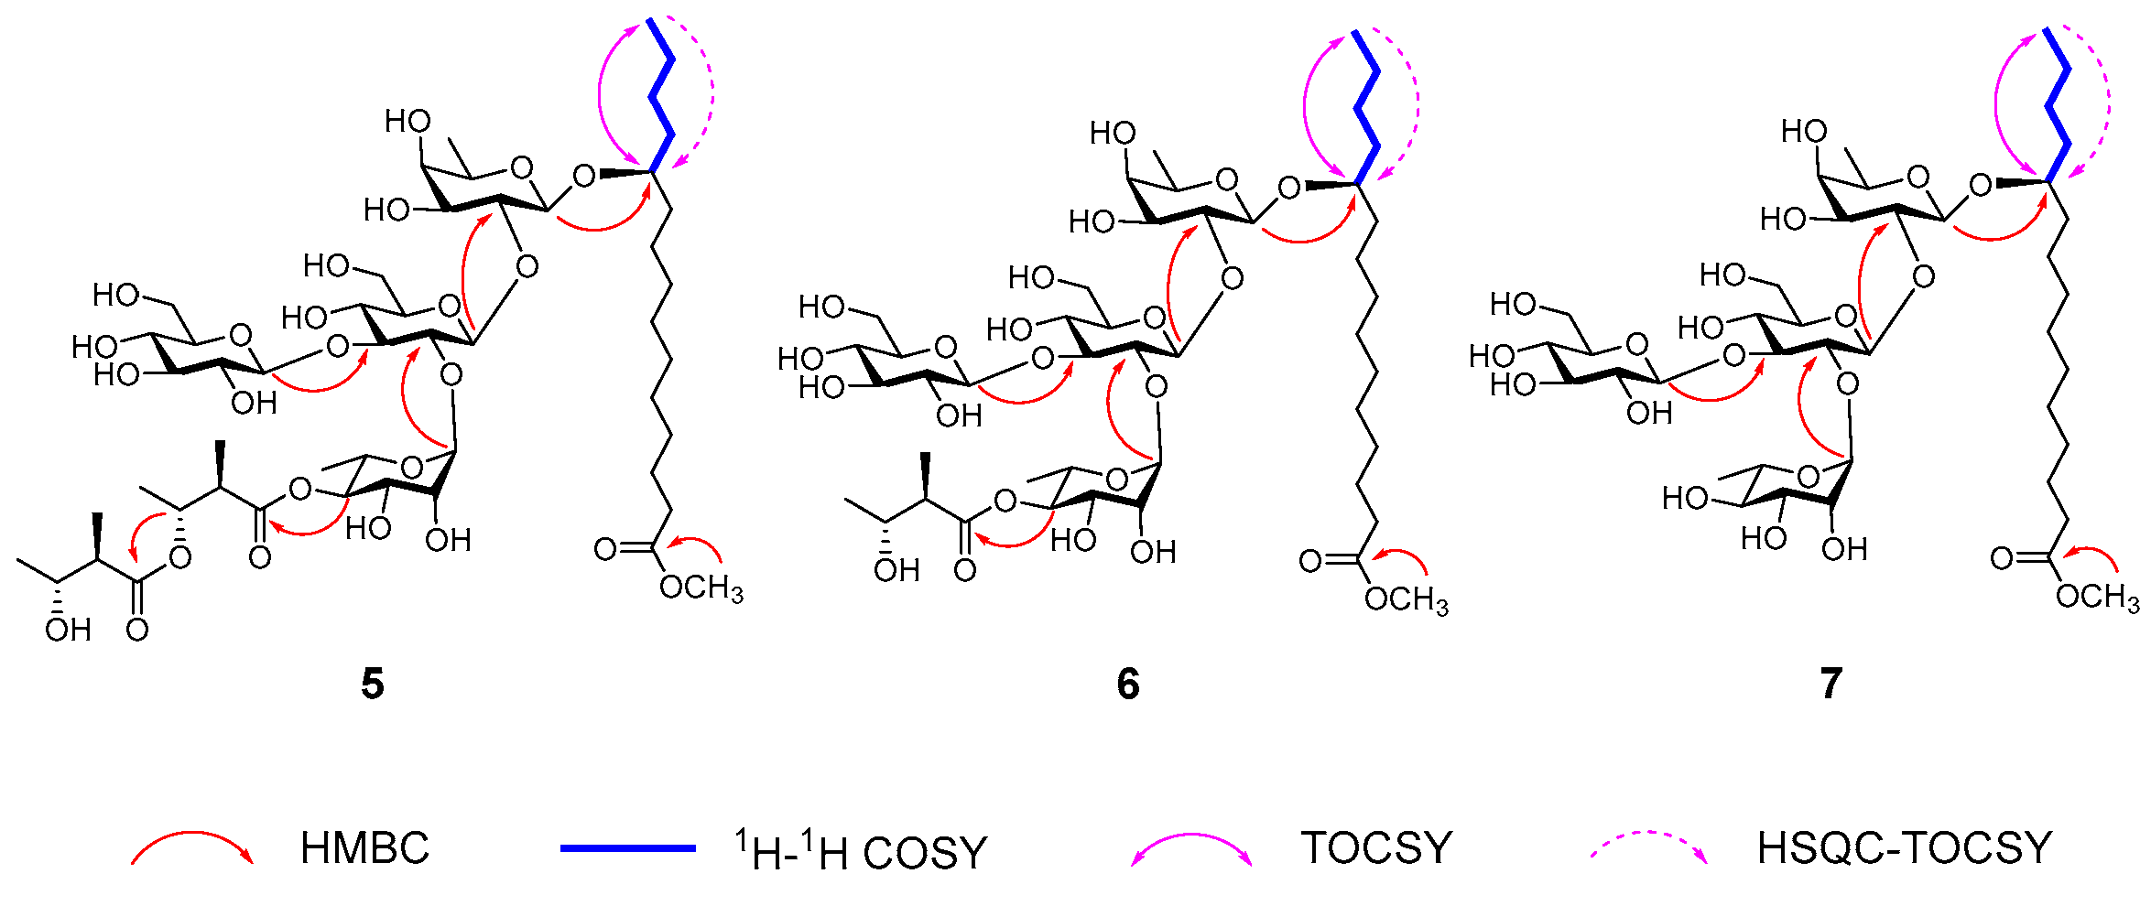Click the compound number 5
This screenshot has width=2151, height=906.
[x=372, y=684]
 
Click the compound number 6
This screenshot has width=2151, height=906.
[x=1128, y=684]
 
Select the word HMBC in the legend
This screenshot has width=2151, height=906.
[x=364, y=848]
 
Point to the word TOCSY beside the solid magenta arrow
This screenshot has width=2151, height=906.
[x=1376, y=848]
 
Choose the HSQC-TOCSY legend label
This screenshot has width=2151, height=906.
[x=1904, y=848]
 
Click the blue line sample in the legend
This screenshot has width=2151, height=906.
[x=628, y=848]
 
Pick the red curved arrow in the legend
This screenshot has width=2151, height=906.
[x=192, y=845]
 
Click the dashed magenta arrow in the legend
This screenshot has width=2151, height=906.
[x=1648, y=843]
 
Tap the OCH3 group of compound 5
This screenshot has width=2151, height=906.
[x=701, y=588]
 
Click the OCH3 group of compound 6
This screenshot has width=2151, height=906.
[x=1406, y=600]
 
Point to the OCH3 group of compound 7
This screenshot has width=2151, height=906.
[x=2097, y=598]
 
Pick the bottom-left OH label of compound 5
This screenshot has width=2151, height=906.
[x=68, y=630]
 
